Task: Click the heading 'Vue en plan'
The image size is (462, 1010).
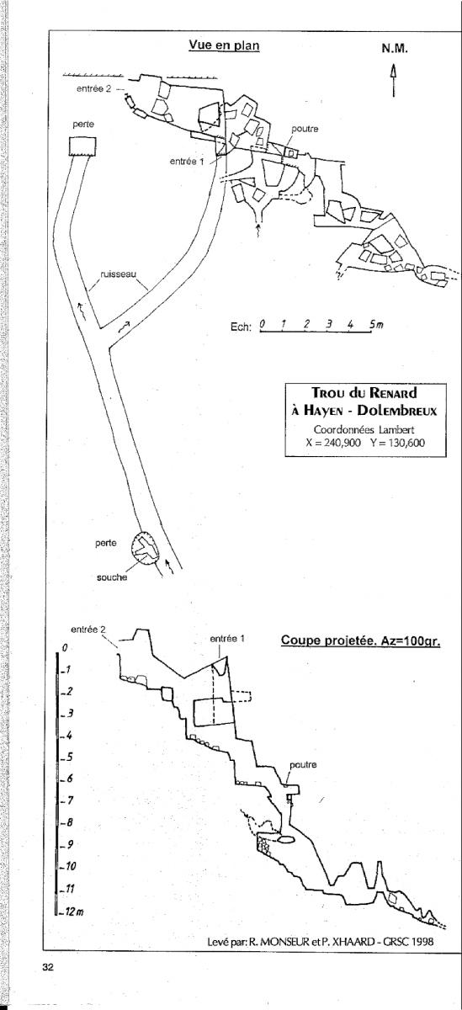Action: click(x=224, y=45)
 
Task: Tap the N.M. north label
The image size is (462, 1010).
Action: click(x=395, y=49)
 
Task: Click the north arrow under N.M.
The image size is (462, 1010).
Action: click(x=394, y=81)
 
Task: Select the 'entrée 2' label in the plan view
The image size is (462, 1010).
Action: click(x=93, y=89)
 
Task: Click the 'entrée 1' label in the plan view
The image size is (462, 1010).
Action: click(x=187, y=161)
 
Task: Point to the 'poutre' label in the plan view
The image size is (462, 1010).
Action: click(x=305, y=129)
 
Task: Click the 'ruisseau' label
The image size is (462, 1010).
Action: click(x=119, y=274)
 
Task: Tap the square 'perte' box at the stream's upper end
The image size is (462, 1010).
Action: click(x=83, y=146)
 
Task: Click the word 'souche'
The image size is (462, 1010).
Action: click(x=112, y=577)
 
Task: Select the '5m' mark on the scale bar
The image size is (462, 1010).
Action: click(x=377, y=324)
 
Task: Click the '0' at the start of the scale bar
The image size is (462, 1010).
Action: click(x=263, y=324)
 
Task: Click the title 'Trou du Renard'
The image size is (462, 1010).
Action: click(x=364, y=392)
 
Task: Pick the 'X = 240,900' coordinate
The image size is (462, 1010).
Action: click(x=333, y=443)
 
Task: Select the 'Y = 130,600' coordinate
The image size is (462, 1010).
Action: click(x=397, y=443)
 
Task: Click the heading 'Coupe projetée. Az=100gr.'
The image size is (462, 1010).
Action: click(x=360, y=641)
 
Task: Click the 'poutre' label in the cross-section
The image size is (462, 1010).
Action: click(x=303, y=765)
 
